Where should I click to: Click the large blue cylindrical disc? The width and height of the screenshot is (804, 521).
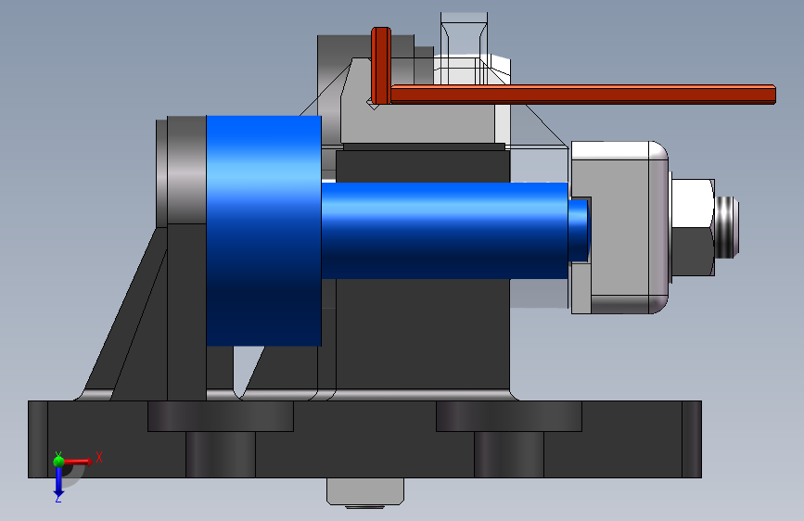coord(263,231)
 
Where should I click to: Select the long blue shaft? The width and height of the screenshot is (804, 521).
coord(444,231)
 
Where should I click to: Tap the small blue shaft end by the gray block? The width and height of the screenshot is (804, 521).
coord(579,231)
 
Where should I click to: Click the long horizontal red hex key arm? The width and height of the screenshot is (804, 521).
coord(583,95)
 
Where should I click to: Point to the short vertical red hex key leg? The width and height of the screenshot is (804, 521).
coord(381,66)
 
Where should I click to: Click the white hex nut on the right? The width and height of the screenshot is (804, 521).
coord(692,227)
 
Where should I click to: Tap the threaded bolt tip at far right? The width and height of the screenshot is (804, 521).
coord(727,227)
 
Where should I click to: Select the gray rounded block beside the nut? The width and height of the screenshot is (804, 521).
coord(619,227)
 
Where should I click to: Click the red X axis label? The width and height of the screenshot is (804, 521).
coord(99,457)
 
